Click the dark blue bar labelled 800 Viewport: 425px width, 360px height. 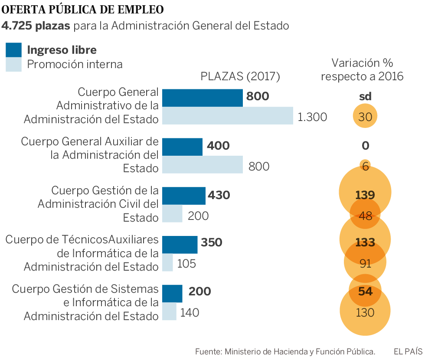202,98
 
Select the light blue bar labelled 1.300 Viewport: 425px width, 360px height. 227,116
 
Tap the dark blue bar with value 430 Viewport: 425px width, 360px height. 183,196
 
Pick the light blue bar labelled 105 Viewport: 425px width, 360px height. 167,262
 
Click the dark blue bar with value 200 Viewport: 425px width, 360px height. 172,293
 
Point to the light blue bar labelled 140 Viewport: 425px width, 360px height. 169,311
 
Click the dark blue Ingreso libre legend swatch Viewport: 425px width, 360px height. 13,50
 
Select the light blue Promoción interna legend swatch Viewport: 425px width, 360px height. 13,65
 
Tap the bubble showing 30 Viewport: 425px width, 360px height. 365,116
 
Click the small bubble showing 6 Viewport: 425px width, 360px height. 365,166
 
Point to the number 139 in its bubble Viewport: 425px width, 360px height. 365,195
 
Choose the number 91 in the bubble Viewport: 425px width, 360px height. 365,263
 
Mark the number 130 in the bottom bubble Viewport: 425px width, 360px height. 365,312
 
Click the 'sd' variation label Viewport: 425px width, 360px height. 365,97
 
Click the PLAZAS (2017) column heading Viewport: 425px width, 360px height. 240,77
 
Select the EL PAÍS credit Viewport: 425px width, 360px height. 407,351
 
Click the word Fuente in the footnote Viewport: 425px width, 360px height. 208,351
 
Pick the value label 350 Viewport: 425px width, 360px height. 212,242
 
